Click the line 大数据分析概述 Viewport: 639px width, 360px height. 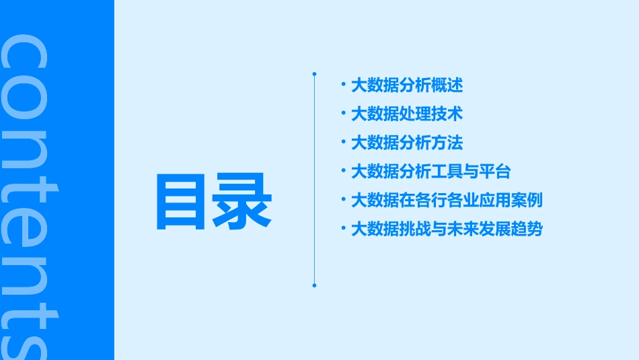(407, 85)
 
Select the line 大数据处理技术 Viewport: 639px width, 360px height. (407, 114)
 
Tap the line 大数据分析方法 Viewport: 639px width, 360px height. (407, 143)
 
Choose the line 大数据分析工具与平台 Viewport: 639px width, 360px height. (431, 172)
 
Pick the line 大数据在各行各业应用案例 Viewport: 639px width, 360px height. (447, 201)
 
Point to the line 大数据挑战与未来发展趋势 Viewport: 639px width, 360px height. (447, 229)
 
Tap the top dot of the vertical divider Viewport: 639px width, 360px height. (314, 73)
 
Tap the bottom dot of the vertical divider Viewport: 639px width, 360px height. (314, 285)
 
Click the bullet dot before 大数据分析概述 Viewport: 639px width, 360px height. (344, 85)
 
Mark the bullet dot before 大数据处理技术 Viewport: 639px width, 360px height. (344, 114)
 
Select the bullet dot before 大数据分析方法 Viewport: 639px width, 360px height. (344, 142)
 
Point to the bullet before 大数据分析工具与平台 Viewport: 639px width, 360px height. (344, 171)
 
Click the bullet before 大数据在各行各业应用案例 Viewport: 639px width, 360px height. (344, 200)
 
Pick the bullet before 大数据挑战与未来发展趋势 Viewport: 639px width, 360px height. (344, 229)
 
